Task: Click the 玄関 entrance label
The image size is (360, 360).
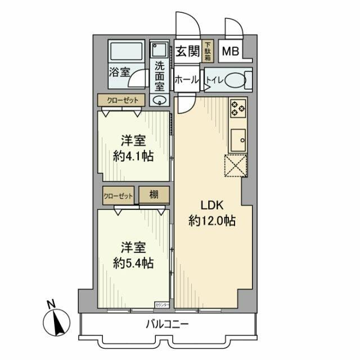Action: (187, 52)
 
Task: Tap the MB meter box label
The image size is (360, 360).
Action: (229, 52)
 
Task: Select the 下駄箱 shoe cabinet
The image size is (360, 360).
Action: (207, 52)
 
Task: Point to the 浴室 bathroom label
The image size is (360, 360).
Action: (119, 72)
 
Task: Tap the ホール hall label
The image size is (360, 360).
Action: (186, 80)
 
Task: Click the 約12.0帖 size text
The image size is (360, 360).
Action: (211, 221)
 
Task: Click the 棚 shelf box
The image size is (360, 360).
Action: (153, 195)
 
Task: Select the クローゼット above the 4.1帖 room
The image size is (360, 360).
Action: (122, 100)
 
